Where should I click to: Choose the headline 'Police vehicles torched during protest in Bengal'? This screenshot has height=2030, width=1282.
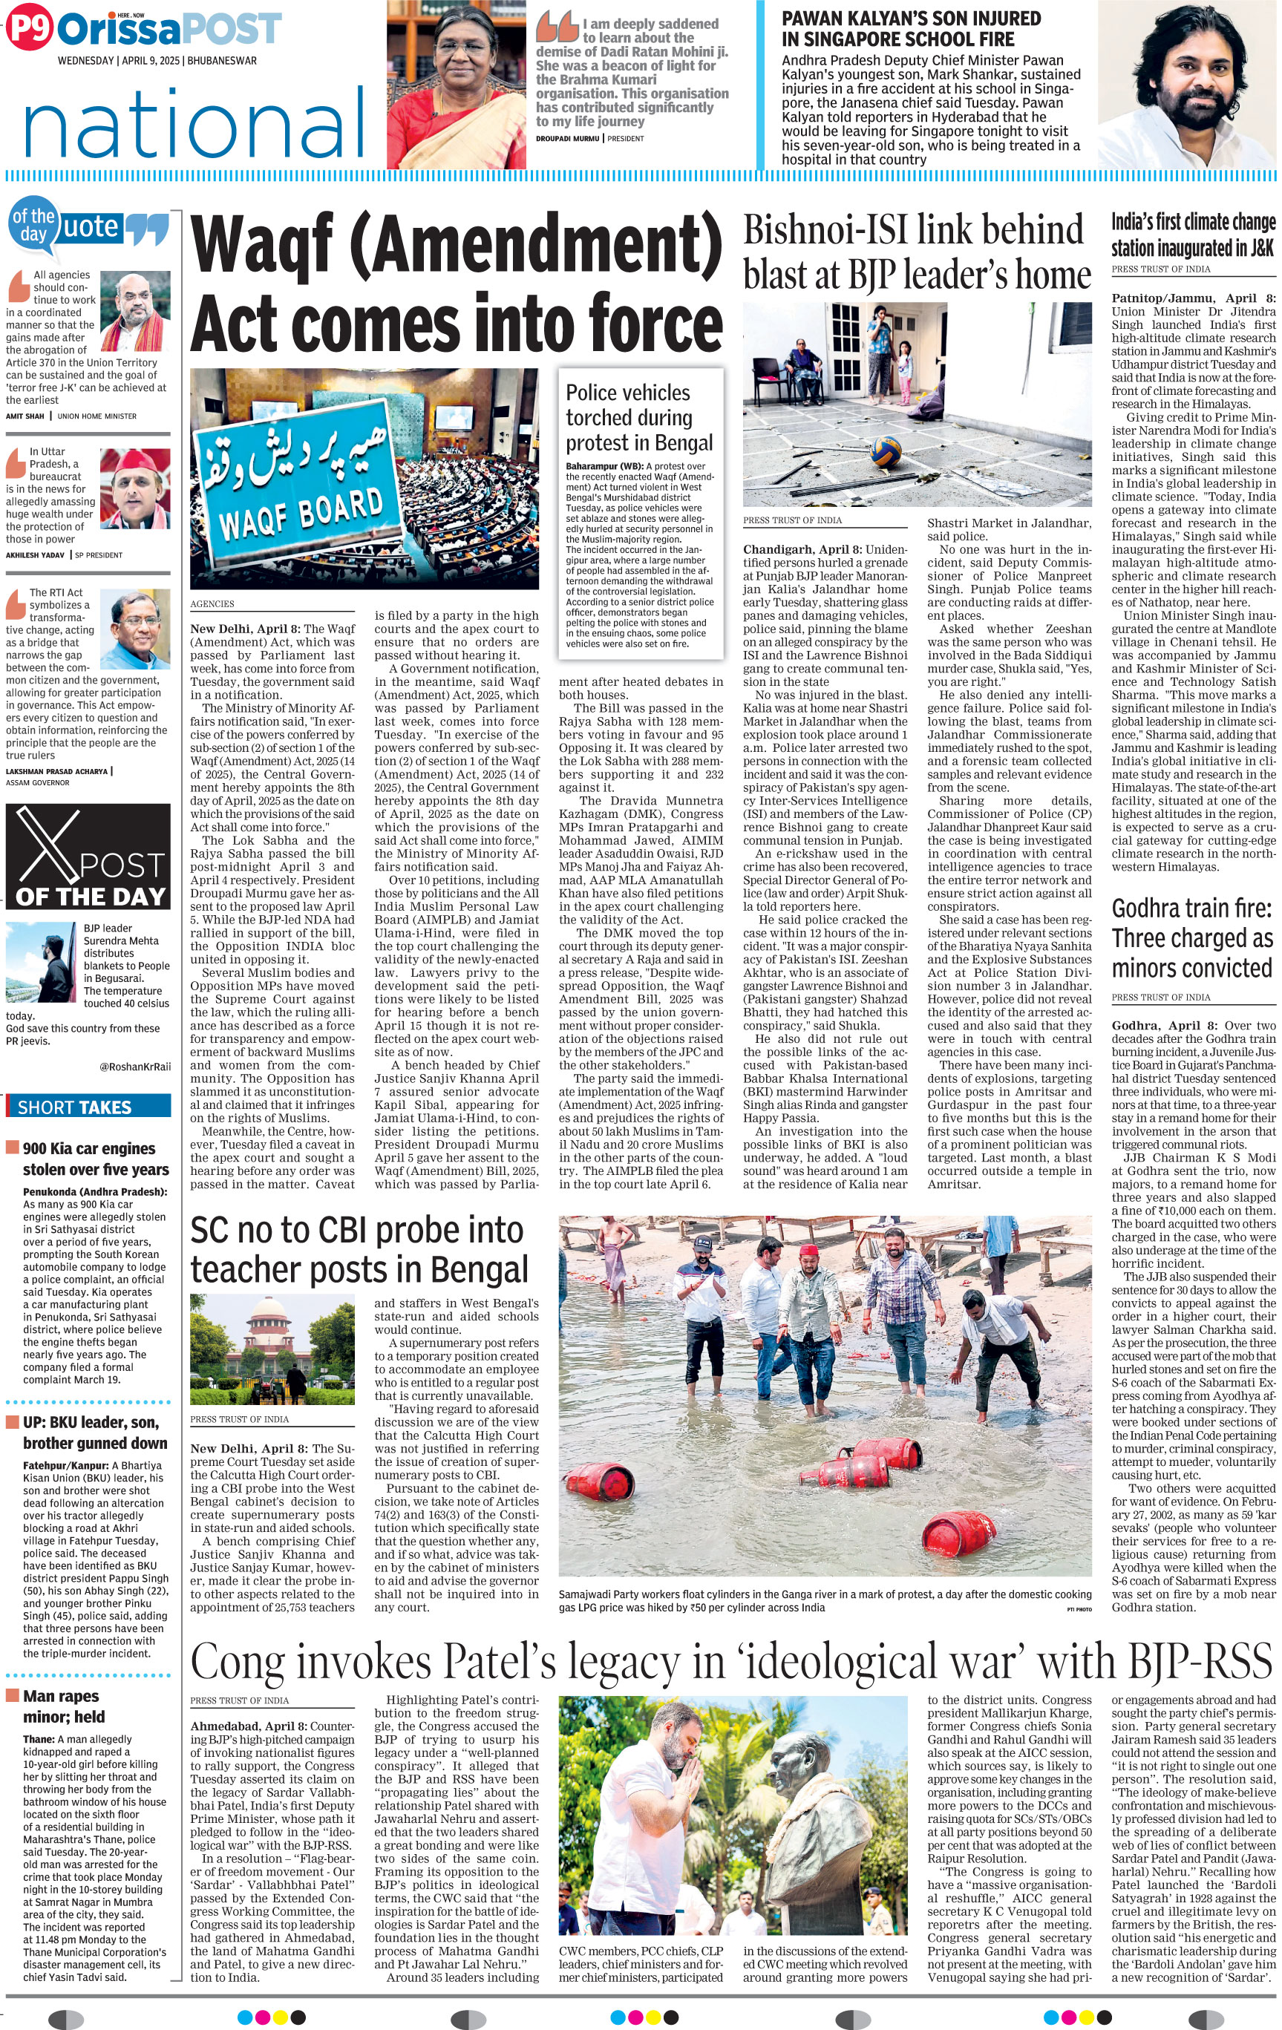click(639, 417)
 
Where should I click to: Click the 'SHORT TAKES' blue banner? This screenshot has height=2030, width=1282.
click(88, 1107)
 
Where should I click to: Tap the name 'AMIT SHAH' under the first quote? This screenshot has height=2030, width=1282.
click(25, 416)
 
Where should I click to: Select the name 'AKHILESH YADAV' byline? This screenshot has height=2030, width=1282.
click(35, 555)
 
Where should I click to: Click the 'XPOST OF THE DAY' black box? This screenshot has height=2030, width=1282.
click(88, 856)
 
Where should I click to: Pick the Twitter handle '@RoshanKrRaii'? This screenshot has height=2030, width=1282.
click(135, 1067)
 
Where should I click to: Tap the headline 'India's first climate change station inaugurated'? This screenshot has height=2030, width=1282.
click(1193, 235)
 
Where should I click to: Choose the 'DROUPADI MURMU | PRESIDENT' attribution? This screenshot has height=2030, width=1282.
click(590, 138)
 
